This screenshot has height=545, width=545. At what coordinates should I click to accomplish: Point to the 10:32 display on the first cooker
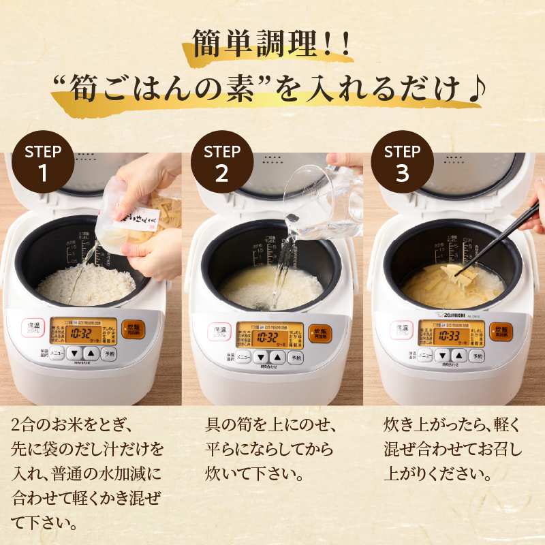coord(80,334)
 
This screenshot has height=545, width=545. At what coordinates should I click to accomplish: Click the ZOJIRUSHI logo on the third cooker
coord(449,313)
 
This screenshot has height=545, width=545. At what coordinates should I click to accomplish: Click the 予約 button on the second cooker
coord(296,357)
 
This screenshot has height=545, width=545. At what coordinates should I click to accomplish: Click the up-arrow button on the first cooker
coord(91,354)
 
